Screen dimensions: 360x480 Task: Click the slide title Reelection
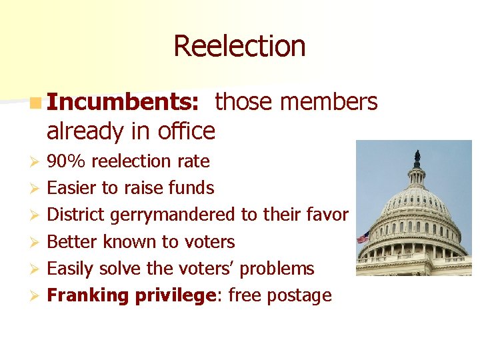239,46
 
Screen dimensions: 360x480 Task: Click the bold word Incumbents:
123,102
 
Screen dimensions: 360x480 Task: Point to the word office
187,131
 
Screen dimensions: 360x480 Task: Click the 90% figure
67,161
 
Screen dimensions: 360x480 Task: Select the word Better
73,241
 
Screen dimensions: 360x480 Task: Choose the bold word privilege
176,295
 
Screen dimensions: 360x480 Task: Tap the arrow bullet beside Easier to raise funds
37,189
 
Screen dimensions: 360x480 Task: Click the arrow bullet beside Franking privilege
37,296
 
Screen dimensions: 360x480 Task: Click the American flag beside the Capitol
363,237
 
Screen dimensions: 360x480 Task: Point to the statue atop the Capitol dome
417,157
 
